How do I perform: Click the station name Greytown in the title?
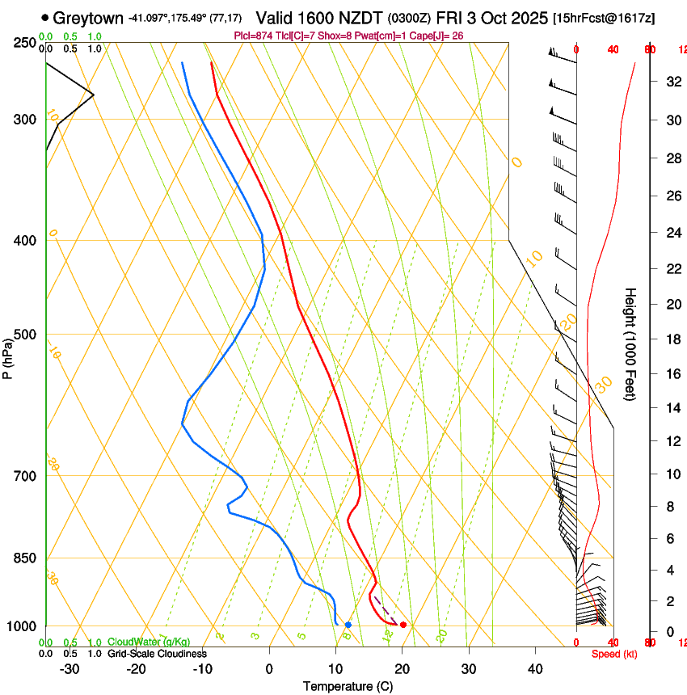point(88,18)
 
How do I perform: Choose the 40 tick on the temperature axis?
point(535,669)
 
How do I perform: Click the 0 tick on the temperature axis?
point(269,669)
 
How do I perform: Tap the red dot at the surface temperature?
point(403,625)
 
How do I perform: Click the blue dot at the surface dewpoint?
point(348,625)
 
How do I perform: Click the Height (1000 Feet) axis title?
point(630,344)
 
